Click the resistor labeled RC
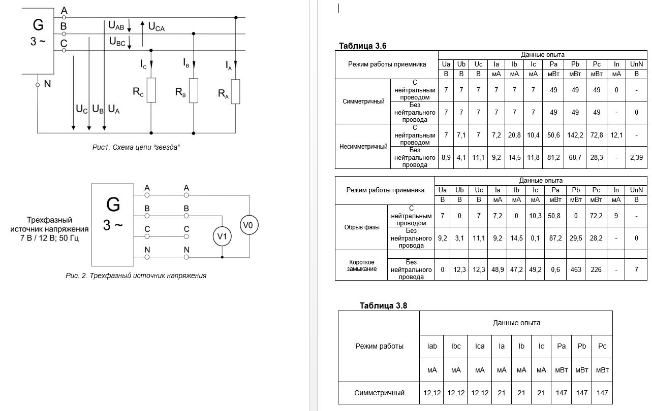point(151,90)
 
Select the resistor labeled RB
point(194,90)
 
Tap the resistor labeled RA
point(235,91)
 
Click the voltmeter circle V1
point(222,236)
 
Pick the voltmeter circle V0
point(249,225)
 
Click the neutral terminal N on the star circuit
point(38,85)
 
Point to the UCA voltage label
point(157,27)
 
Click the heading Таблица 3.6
point(362,46)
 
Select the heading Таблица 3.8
point(383,305)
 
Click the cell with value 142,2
point(575,135)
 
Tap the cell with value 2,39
point(636,157)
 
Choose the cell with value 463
point(576,269)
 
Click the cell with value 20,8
point(514,135)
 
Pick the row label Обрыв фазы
point(361,227)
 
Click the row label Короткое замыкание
point(361,265)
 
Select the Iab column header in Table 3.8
point(431,346)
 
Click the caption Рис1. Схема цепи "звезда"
point(136,147)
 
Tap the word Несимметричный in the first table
point(363,147)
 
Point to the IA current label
point(229,65)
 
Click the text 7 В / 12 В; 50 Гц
point(49,238)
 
